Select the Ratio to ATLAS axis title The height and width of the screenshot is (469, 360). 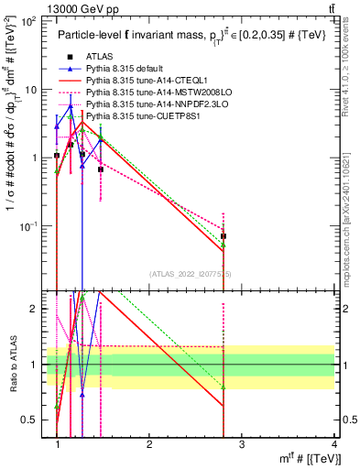[15, 365]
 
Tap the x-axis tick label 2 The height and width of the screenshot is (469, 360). [149, 444]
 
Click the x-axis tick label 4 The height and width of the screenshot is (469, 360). [334, 444]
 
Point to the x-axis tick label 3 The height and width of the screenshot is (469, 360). [242, 444]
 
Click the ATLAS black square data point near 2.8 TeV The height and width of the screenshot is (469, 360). [224, 236]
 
